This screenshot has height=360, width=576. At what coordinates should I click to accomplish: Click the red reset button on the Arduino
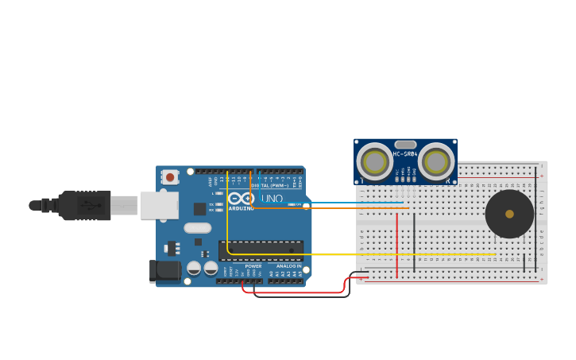[x=170, y=177]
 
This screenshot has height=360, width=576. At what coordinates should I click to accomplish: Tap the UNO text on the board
[x=272, y=199]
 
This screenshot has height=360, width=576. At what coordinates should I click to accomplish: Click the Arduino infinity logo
[x=242, y=199]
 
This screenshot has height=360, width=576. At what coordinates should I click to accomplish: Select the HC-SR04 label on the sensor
[x=405, y=153]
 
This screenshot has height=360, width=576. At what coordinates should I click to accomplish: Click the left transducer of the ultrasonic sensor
[x=373, y=162]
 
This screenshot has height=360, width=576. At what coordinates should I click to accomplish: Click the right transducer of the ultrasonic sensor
[x=435, y=162]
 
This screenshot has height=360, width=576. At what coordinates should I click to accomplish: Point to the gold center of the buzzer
[x=509, y=214]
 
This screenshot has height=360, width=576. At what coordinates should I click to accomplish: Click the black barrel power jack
[x=165, y=271]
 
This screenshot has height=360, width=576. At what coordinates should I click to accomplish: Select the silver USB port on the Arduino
[x=159, y=205]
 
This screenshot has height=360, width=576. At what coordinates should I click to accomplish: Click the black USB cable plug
[x=83, y=205]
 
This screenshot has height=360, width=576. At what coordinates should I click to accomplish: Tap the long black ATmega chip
[x=261, y=250]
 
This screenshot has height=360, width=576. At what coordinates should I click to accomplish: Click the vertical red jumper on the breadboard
[x=397, y=234]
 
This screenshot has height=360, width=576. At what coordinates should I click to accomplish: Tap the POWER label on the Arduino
[x=253, y=266]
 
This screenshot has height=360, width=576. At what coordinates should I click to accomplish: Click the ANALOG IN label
[x=288, y=266]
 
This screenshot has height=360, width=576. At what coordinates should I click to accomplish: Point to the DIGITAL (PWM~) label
[x=270, y=185]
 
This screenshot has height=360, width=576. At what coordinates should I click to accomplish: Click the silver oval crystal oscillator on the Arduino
[x=197, y=228]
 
